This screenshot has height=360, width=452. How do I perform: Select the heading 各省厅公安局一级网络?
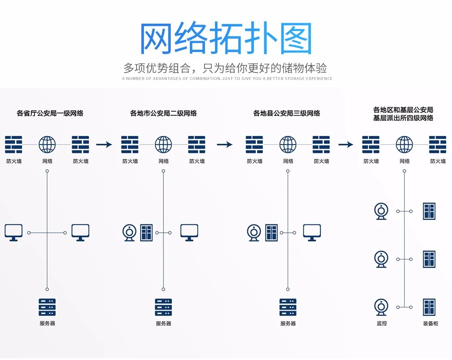pos(50,113)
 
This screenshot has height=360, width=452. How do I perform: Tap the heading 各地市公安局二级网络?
pos(163,113)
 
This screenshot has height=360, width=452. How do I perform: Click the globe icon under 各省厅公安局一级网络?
pos(47,145)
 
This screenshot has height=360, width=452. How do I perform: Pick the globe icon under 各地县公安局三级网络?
pos(288,145)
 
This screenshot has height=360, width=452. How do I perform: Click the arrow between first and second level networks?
pos(104,145)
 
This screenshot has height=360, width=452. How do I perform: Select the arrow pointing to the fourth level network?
pos(346,145)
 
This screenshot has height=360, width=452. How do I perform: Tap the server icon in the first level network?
pos(47,308)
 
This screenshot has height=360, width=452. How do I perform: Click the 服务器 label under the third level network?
pos(288,323)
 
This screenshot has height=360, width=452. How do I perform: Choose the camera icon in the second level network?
pos(130,233)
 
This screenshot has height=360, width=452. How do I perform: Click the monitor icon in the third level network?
pos(312,233)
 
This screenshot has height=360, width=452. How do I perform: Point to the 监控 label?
pos(381,323)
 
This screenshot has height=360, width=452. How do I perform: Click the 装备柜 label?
pos(430,323)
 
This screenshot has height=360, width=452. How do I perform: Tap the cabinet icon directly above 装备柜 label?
pos(429,307)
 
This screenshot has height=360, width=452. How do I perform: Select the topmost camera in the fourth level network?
pos(381,211)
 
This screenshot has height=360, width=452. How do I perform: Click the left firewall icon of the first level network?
pos(14,145)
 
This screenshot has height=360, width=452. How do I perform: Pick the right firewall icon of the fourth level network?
pos(437,145)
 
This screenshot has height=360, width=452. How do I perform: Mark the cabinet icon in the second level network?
pos(147,233)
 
